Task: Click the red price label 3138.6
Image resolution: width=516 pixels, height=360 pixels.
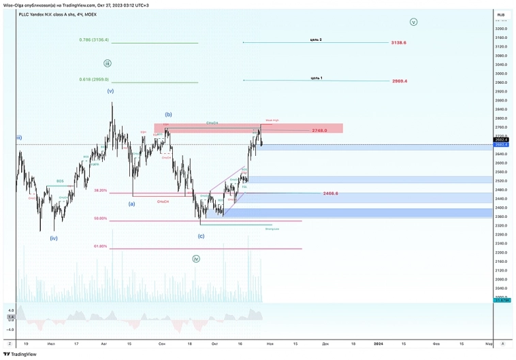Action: (x=398, y=42)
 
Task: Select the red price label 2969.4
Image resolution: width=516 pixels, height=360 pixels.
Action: (x=400, y=81)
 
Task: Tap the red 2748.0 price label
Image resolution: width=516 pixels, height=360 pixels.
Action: (x=320, y=130)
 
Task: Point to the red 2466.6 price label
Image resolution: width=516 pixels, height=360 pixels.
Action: (x=330, y=193)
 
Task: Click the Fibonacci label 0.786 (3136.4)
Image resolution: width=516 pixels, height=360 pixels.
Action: (x=94, y=39)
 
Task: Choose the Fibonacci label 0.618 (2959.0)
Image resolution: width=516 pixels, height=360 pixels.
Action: (x=94, y=79)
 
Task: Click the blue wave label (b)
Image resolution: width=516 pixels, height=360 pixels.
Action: (x=168, y=114)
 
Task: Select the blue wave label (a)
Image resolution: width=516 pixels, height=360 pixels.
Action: (x=131, y=203)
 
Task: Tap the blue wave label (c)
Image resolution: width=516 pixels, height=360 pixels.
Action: (x=201, y=236)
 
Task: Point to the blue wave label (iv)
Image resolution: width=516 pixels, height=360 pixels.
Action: (x=54, y=238)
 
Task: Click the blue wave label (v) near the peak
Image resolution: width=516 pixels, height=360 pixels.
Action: (x=110, y=91)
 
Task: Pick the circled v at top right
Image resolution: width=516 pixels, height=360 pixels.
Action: (x=413, y=22)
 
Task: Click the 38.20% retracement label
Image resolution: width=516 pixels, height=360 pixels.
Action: (x=100, y=191)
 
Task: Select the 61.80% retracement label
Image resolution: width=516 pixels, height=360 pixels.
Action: (x=100, y=246)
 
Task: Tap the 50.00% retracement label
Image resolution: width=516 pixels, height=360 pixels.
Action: (x=100, y=218)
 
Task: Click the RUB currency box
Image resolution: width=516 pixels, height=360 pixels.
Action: (x=500, y=14)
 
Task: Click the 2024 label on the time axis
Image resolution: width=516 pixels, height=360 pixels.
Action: (x=378, y=344)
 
